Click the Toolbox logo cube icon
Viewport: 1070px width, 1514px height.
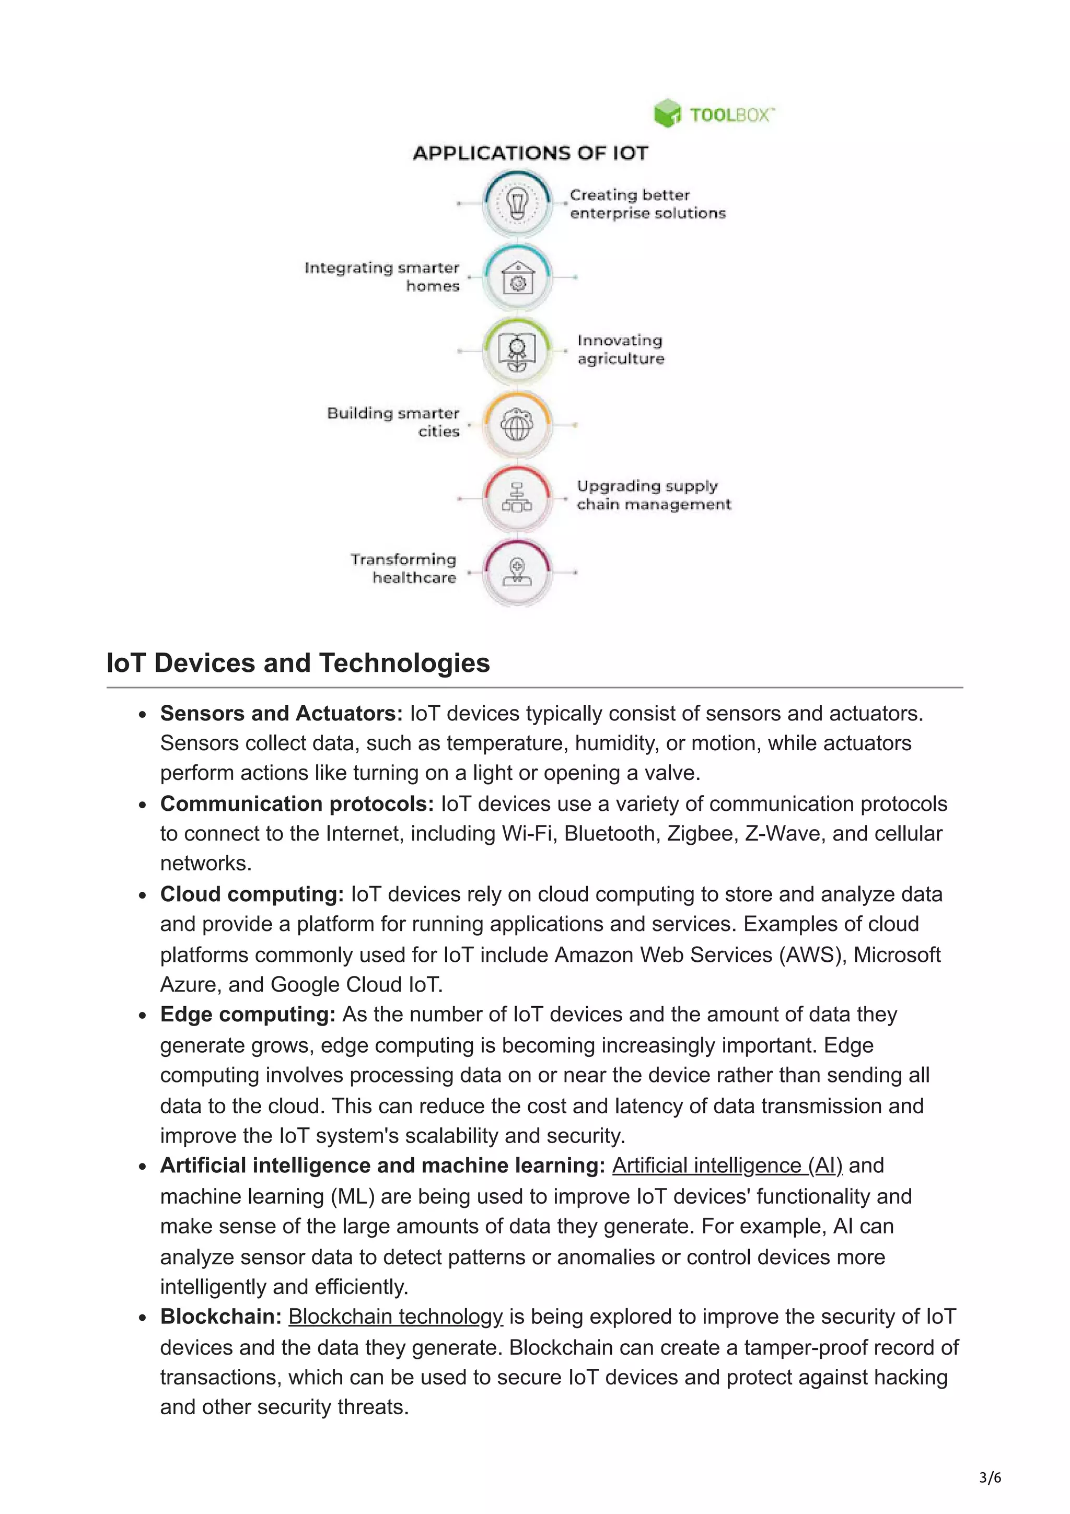click(x=667, y=113)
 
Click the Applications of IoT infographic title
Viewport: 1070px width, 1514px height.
click(x=531, y=153)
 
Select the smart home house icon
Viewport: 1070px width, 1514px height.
click(x=518, y=277)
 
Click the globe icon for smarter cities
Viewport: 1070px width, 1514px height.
click(x=518, y=424)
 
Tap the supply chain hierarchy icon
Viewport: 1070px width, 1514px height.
click(x=518, y=498)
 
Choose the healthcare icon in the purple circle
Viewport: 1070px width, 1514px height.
click(x=518, y=572)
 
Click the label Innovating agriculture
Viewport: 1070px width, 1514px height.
click(x=620, y=350)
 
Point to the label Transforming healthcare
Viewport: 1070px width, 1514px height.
click(x=403, y=568)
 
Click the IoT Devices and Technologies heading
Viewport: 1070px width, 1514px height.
click(x=298, y=663)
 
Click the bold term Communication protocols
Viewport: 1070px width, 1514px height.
click(x=297, y=804)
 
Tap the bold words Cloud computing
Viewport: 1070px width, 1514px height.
click(x=252, y=894)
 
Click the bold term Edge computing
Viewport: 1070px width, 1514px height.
click(x=248, y=1014)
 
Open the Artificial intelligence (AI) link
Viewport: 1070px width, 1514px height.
click(x=727, y=1165)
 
